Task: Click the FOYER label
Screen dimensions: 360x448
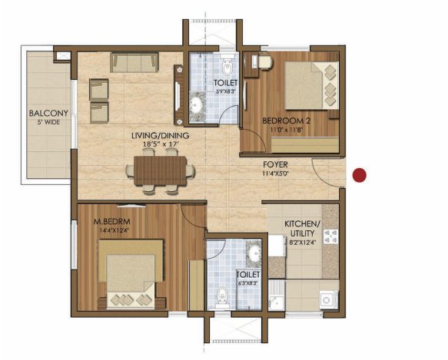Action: point(276,163)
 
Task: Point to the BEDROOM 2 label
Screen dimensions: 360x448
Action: point(286,121)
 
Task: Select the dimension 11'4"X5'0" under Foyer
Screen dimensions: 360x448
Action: point(276,173)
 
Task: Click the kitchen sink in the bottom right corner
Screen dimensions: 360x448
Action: point(326,299)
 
